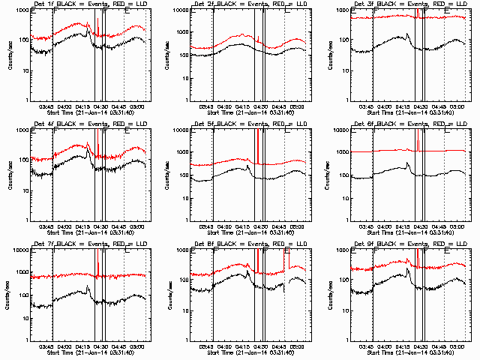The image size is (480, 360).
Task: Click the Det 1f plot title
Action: pyautogui.click(x=89, y=4)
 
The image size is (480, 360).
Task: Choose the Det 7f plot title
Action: pyautogui.click(x=89, y=244)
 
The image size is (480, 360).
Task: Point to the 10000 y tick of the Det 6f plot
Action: pyautogui.click(x=342, y=130)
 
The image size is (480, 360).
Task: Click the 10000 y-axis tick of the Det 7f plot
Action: pyautogui.click(x=21, y=250)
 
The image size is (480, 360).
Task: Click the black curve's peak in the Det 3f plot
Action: pyautogui.click(x=406, y=34)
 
